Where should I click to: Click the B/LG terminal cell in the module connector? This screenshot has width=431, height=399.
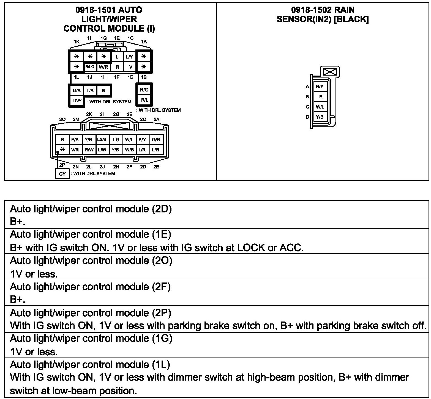90,67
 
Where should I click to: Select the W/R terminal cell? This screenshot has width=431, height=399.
103,67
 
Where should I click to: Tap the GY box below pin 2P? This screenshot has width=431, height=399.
62,174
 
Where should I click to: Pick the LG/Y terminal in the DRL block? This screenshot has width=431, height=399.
77,101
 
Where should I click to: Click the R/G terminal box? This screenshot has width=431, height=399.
144,90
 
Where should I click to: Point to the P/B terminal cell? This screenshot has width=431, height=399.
75,140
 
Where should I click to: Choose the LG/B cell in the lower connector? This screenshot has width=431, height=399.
102,140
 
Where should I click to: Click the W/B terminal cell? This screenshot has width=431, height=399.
129,150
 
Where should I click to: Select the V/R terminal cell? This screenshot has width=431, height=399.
75,150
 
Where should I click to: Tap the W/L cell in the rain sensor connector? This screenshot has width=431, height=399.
320,107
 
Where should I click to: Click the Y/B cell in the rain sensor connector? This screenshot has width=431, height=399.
320,117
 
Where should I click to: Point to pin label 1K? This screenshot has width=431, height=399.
77,42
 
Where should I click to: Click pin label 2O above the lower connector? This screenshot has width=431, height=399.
62,120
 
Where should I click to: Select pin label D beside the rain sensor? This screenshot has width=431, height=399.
307,117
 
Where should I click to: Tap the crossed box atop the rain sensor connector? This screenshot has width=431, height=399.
330,72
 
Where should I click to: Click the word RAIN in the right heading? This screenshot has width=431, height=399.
344,10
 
